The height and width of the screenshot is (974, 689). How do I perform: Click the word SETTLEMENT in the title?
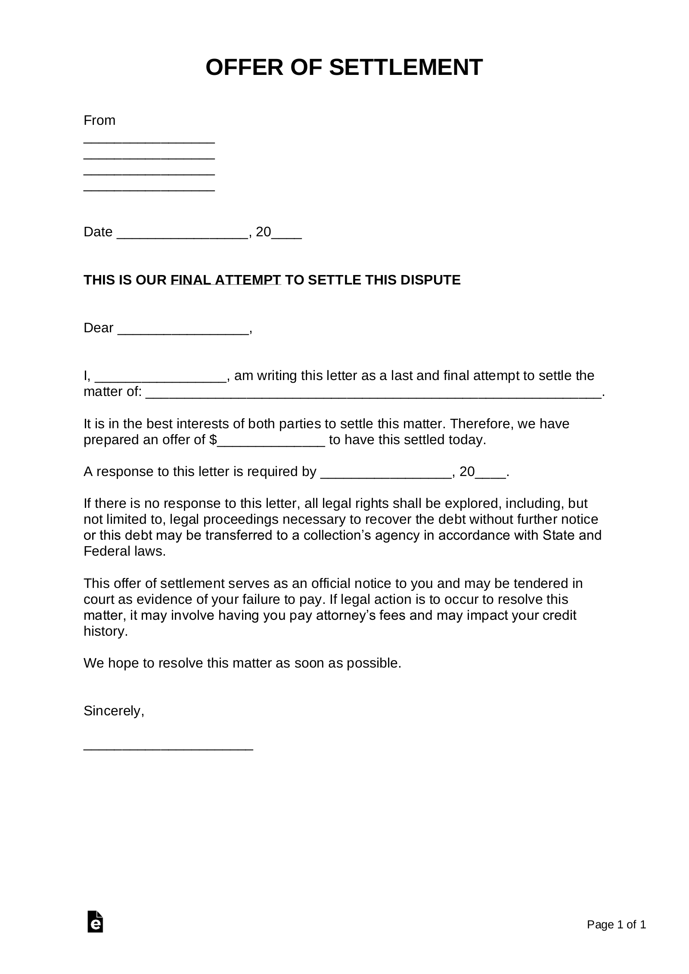[406, 68]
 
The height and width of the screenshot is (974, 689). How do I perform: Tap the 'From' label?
[99, 120]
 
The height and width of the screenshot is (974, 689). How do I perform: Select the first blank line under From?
[149, 142]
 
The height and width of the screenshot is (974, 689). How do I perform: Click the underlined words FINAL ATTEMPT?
[226, 280]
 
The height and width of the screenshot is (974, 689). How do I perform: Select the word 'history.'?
[106, 631]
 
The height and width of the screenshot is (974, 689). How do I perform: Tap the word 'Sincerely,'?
[114, 711]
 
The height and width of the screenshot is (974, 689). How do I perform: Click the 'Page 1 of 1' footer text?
[616, 925]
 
